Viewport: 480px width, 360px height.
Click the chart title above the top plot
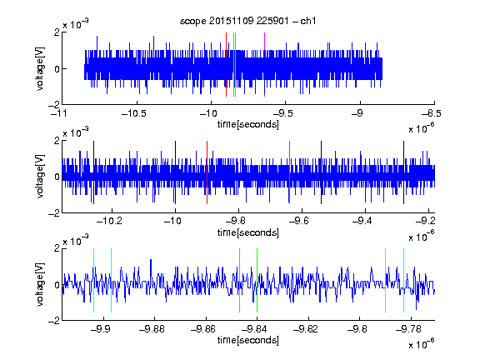pyautogui.click(x=247, y=21)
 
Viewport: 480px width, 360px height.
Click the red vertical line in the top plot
pyautogui.click(x=226, y=65)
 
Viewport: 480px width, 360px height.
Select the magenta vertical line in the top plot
pyautogui.click(x=264, y=65)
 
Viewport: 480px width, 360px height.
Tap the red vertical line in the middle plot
pyautogui.click(x=207, y=172)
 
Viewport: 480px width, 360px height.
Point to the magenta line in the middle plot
pyautogui.click(x=290, y=172)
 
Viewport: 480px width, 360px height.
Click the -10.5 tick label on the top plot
pyautogui.click(x=134, y=113)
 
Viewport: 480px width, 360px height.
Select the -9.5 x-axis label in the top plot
pyautogui.click(x=282, y=113)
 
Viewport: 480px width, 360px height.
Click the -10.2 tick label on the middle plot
pyautogui.click(x=109, y=221)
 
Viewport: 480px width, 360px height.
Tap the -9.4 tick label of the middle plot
pyautogui.click(x=362, y=221)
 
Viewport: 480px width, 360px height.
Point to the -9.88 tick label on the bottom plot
pyautogui.click(x=152, y=329)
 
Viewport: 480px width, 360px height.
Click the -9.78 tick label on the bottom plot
pyautogui.click(x=408, y=329)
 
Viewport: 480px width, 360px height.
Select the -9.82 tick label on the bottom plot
pyautogui.click(x=306, y=329)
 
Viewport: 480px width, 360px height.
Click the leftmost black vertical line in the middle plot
pyautogui.click(x=93, y=172)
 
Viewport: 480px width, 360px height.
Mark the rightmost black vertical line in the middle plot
pyautogui.click(x=404, y=172)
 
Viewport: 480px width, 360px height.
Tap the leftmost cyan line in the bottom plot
pyautogui.click(x=93, y=280)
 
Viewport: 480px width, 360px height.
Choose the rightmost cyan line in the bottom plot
pyautogui.click(x=404, y=280)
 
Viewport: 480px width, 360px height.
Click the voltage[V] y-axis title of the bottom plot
pyautogui.click(x=40, y=284)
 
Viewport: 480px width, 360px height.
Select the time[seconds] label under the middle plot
pyautogui.click(x=248, y=232)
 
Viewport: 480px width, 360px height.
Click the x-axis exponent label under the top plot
pyautogui.click(x=421, y=128)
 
